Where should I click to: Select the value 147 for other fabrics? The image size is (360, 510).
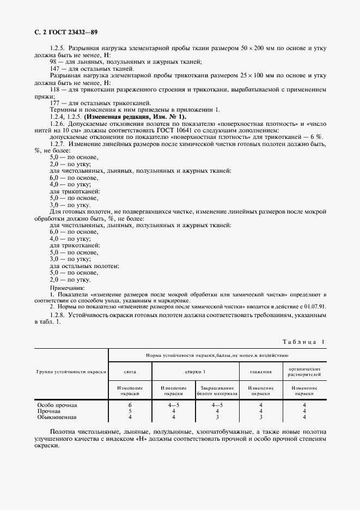click(55, 69)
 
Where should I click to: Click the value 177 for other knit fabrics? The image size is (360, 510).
click(55, 103)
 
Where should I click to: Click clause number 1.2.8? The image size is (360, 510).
click(59, 315)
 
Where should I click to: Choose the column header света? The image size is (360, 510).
click(130, 371)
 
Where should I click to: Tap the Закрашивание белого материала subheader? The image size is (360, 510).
click(216, 390)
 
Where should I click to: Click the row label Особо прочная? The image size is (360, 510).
click(57, 405)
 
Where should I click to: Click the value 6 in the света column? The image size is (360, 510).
click(130, 405)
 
